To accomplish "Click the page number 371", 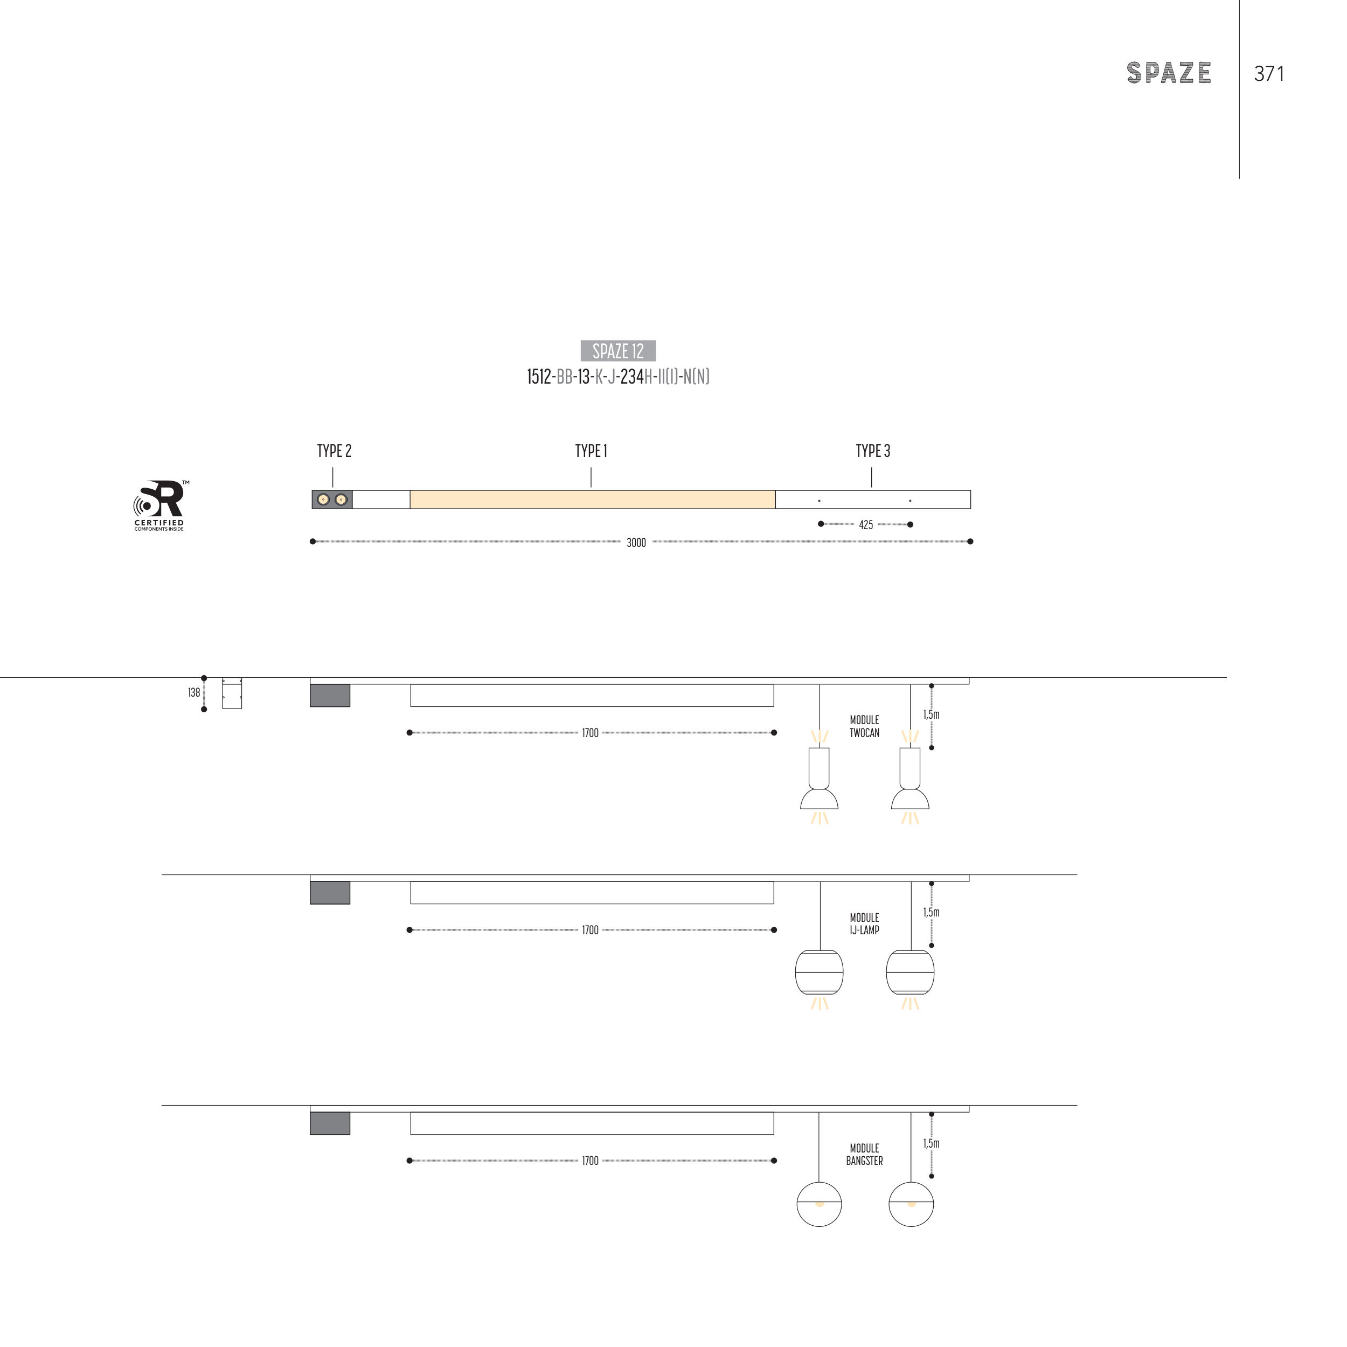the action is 1269,74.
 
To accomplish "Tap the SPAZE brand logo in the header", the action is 1169,73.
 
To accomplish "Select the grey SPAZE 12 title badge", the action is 617,351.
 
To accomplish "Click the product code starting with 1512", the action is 617,377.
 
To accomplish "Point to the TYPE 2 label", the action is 334,451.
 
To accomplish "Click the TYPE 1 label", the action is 591,451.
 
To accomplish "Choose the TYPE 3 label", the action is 873,451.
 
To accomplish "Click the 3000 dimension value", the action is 636,543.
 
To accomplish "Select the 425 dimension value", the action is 866,525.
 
